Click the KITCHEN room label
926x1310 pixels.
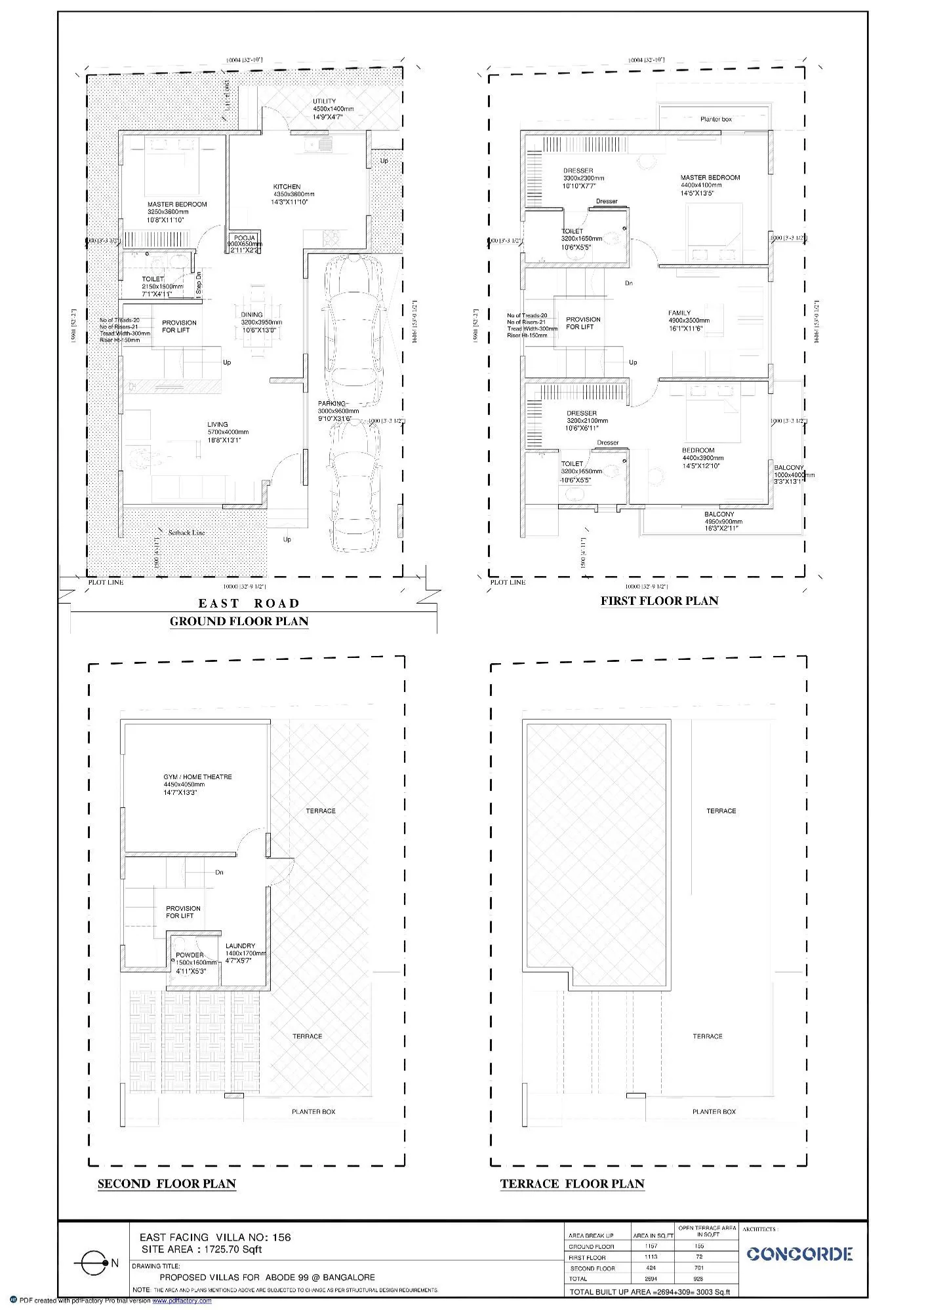tap(287, 187)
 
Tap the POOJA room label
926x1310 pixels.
tap(245, 239)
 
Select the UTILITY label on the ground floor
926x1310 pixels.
tap(325, 102)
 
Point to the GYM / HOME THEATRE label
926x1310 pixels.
tap(197, 777)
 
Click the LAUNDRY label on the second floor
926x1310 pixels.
tap(240, 946)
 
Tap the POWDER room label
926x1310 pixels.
tap(190, 955)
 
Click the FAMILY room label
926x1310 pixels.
tap(679, 313)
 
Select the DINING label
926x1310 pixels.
tap(252, 315)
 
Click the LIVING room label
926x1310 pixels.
tap(218, 425)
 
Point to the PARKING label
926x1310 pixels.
tap(332, 404)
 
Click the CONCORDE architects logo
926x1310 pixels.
tap(799, 1254)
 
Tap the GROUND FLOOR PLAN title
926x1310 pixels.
tap(239, 621)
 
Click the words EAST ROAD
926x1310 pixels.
tap(249, 603)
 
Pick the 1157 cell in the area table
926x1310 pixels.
tap(651, 1246)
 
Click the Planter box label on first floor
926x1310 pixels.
tap(715, 119)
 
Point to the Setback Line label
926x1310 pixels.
tap(186, 533)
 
